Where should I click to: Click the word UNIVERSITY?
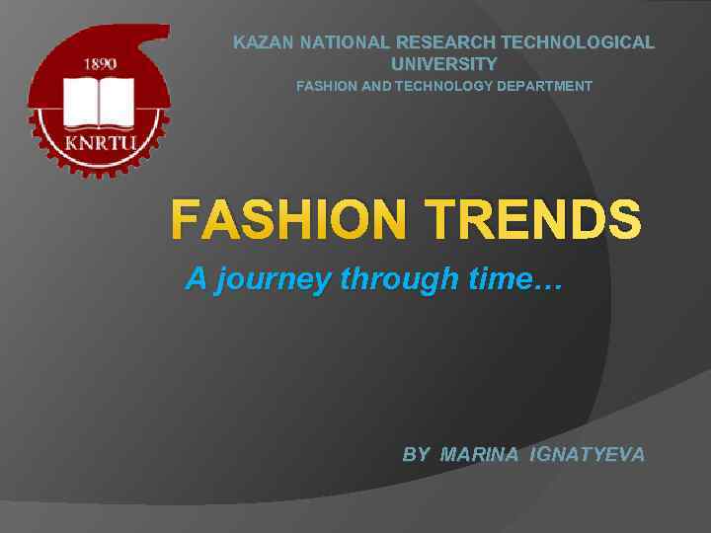point(444,64)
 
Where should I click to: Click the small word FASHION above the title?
point(323,87)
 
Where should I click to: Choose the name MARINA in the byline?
point(480,455)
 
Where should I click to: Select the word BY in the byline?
point(416,455)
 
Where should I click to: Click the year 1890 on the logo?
point(100,63)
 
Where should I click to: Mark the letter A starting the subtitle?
point(197,280)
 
